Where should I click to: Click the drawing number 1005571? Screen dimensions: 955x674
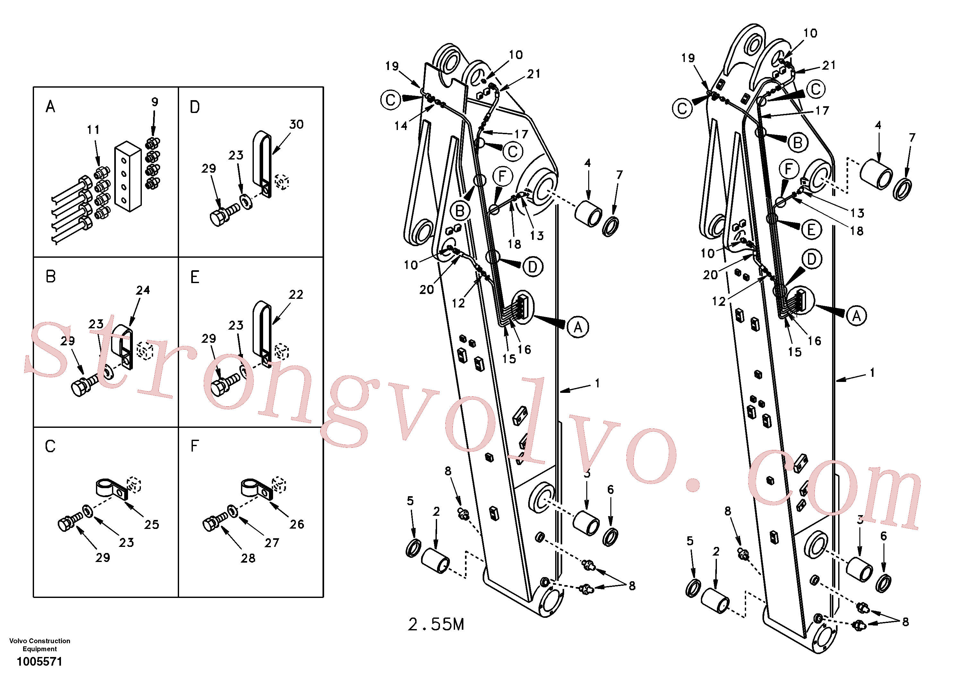[39, 661]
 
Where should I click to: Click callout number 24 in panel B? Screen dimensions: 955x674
[143, 290]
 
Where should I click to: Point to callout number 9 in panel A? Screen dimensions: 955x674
[155, 102]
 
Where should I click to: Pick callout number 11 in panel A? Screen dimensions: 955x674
[93, 130]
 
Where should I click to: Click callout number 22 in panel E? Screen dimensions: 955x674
[296, 295]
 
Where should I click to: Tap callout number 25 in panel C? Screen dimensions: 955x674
[152, 525]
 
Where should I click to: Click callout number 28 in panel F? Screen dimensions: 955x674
[248, 558]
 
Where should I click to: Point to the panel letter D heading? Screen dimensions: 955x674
[195, 107]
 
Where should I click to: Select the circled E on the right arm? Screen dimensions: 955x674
[811, 230]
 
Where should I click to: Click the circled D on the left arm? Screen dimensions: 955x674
[533, 267]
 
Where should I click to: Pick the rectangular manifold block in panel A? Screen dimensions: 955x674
[128, 177]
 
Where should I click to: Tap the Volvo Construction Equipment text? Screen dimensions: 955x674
[40, 644]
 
